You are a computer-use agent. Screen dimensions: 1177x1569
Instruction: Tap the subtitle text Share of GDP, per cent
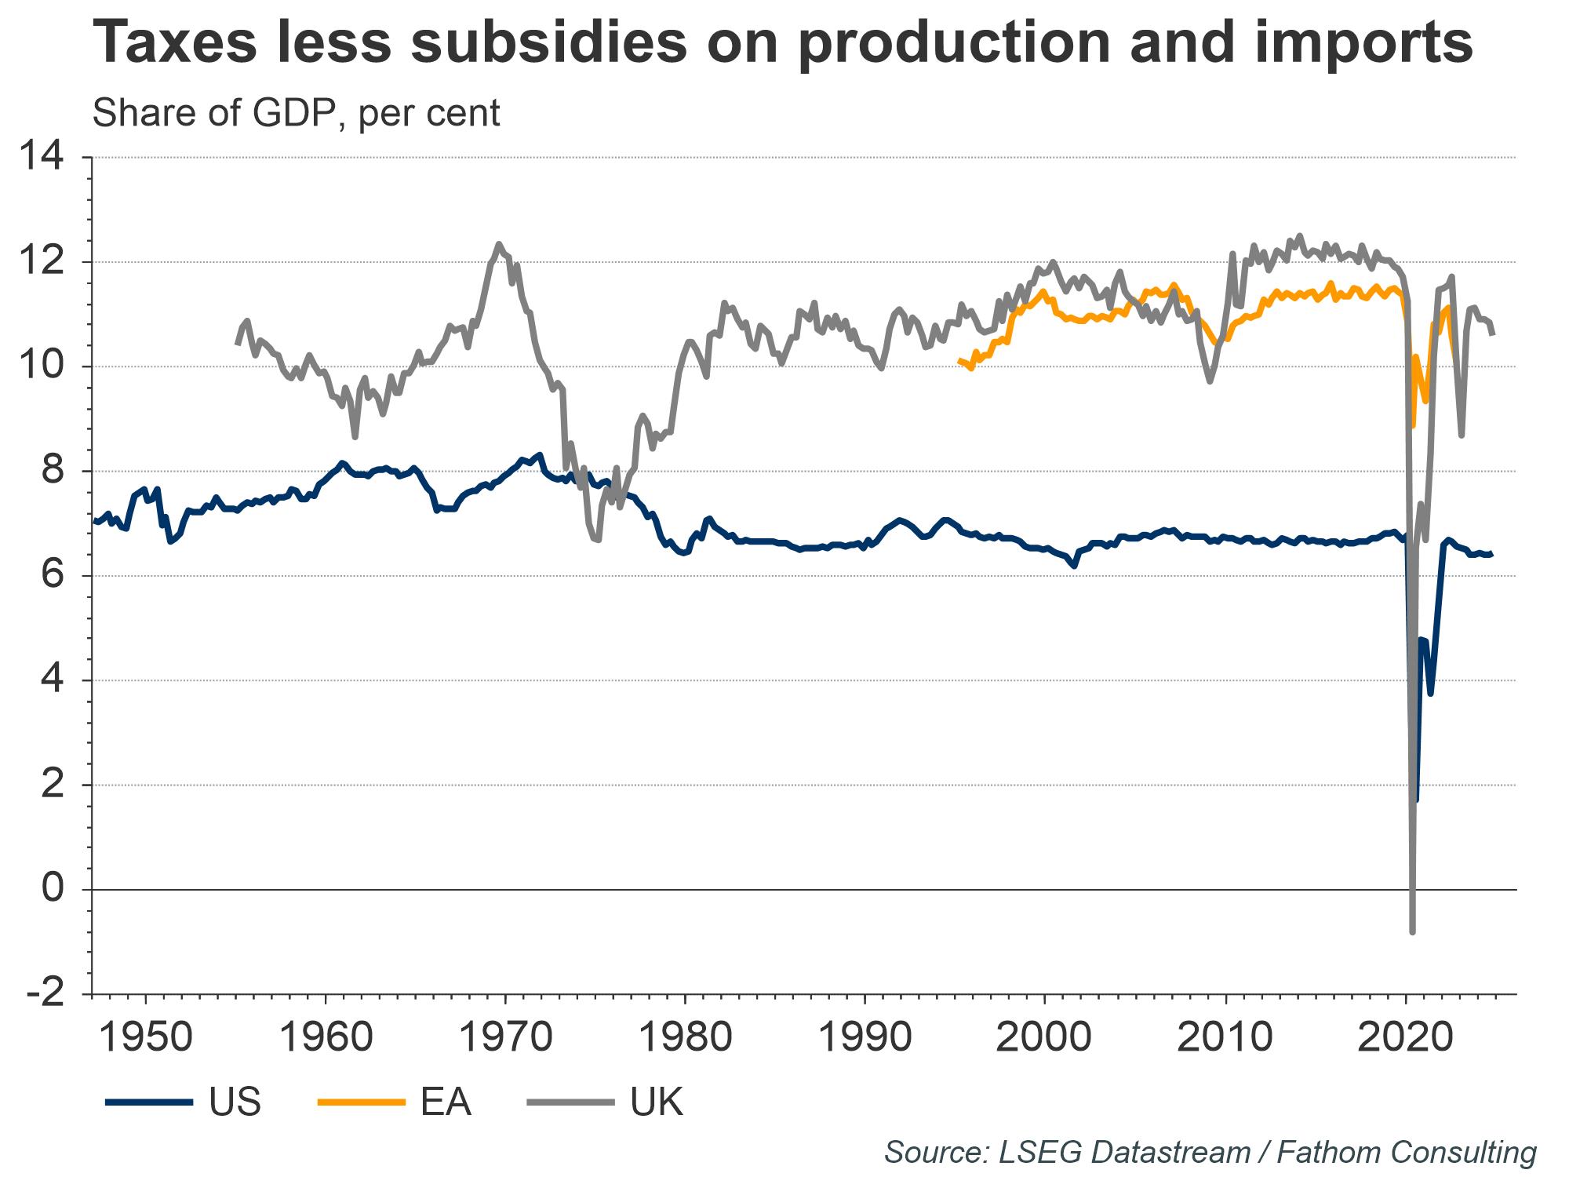pyautogui.click(x=296, y=114)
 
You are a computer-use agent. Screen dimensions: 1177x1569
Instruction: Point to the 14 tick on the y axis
pyautogui.click(x=42, y=158)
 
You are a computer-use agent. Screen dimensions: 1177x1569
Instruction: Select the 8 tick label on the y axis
pyautogui.click(x=53, y=472)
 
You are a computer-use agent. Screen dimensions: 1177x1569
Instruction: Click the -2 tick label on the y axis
pyautogui.click(x=46, y=994)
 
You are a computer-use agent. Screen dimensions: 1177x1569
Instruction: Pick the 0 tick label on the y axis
pyautogui.click(x=53, y=889)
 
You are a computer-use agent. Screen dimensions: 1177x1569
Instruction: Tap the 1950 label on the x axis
pyautogui.click(x=146, y=1037)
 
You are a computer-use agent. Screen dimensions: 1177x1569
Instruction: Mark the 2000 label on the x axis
pyautogui.click(x=1044, y=1037)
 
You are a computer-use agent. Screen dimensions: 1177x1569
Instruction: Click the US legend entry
pyautogui.click(x=235, y=1102)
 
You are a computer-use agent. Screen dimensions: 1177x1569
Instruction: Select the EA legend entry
pyautogui.click(x=446, y=1102)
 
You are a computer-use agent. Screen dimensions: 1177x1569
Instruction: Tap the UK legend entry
pyautogui.click(x=657, y=1102)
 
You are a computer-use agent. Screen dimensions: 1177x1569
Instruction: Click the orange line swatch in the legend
pyautogui.click(x=360, y=1102)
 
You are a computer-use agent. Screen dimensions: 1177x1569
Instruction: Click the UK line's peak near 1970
pyautogui.click(x=499, y=244)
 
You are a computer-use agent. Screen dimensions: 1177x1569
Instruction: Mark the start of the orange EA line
pyautogui.click(x=959, y=360)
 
